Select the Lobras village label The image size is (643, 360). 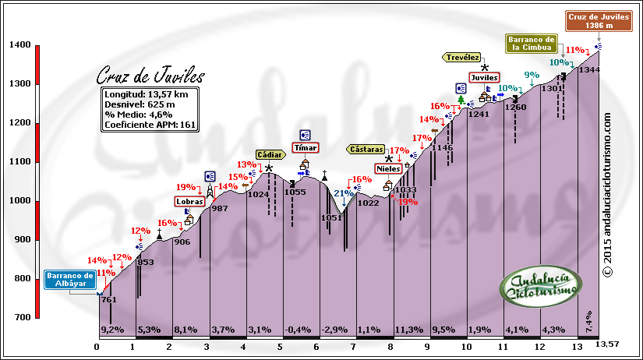pyautogui.click(x=189, y=201)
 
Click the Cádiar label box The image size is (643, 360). pyautogui.click(x=268, y=154)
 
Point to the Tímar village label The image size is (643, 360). pyautogui.click(x=304, y=147)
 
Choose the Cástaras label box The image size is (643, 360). pyautogui.click(x=366, y=148)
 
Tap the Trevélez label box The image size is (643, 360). pyautogui.click(x=462, y=57)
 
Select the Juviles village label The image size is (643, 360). pyautogui.click(x=484, y=77)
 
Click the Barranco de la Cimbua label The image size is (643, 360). pyautogui.click(x=532, y=43)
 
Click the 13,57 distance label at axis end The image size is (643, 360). pyautogui.click(x=608, y=344)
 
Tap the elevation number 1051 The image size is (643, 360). pyautogui.click(x=331, y=217)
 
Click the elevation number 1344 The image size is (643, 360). pyautogui.click(x=588, y=70)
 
